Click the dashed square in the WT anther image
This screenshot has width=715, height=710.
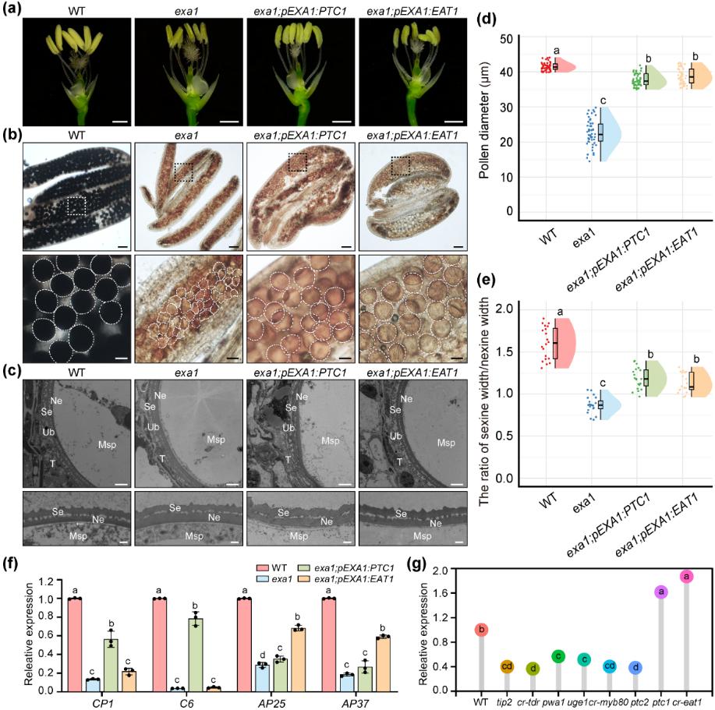pos(77,205)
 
